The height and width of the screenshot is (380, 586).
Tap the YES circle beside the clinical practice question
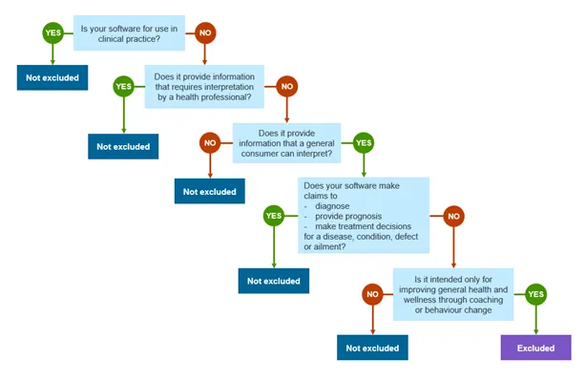point(53,33)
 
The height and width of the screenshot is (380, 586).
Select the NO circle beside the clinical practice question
point(203,33)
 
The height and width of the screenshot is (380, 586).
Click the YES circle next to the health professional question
point(123,87)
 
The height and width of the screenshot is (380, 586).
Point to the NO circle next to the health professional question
point(285,87)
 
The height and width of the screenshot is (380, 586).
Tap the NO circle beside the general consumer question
point(210,143)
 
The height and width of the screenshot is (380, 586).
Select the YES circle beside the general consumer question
point(364,143)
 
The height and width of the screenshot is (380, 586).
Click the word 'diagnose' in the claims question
point(333,205)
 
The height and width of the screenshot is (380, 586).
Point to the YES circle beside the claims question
point(274,216)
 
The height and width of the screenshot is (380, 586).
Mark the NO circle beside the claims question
point(453,216)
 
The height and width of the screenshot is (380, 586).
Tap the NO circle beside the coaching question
point(373,296)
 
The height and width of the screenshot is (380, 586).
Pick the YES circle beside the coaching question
point(535,296)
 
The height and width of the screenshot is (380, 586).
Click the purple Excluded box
point(535,348)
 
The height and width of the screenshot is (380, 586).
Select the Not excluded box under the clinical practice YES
point(53,76)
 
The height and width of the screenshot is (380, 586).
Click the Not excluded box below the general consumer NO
point(210,191)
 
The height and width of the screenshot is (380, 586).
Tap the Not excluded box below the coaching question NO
point(373,348)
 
